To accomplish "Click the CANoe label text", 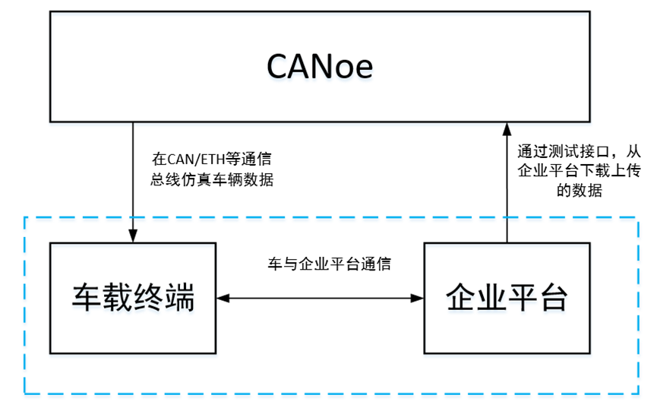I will pyautogui.click(x=320, y=67).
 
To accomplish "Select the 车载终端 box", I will pyautogui.click(x=133, y=298).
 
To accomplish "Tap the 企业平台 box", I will pyautogui.click(x=506, y=298).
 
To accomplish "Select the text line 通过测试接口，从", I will pyautogui.click(x=569, y=150).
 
